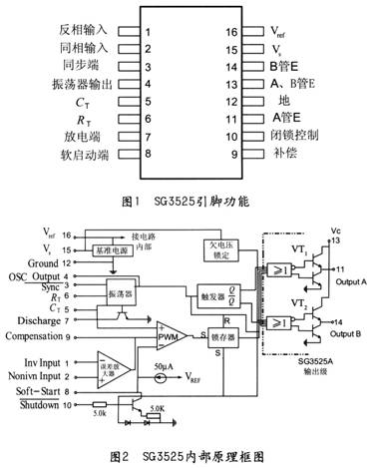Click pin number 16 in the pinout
(x=231, y=32)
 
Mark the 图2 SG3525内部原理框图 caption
(x=187, y=456)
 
